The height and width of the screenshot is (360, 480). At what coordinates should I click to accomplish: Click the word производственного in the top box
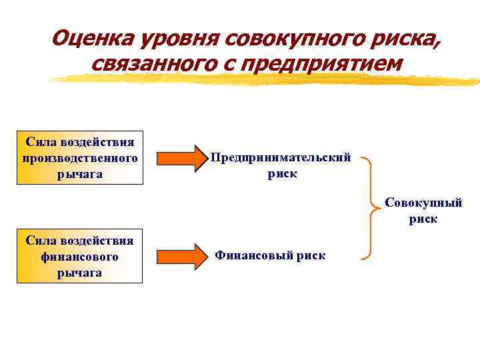click(x=80, y=158)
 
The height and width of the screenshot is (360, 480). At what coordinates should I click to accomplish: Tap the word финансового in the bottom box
click(x=79, y=257)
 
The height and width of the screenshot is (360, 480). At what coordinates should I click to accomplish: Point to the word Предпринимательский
click(x=281, y=157)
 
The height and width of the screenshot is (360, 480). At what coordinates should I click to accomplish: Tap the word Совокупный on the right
click(x=423, y=203)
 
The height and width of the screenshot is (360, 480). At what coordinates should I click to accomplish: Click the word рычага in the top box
click(x=80, y=174)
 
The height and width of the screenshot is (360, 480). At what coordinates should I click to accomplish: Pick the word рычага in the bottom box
click(x=79, y=273)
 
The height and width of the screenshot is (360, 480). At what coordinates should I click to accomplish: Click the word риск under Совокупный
click(x=424, y=219)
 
